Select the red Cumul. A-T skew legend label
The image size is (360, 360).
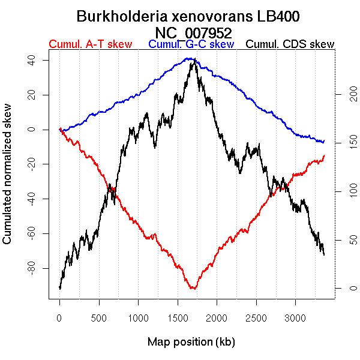pos(91,44)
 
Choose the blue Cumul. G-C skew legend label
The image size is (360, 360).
pos(191,44)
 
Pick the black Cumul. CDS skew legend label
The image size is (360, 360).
pos(290,44)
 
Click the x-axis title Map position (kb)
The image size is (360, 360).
pos(191,342)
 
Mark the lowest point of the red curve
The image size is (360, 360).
pos(193,289)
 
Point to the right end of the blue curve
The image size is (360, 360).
pos(324,142)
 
